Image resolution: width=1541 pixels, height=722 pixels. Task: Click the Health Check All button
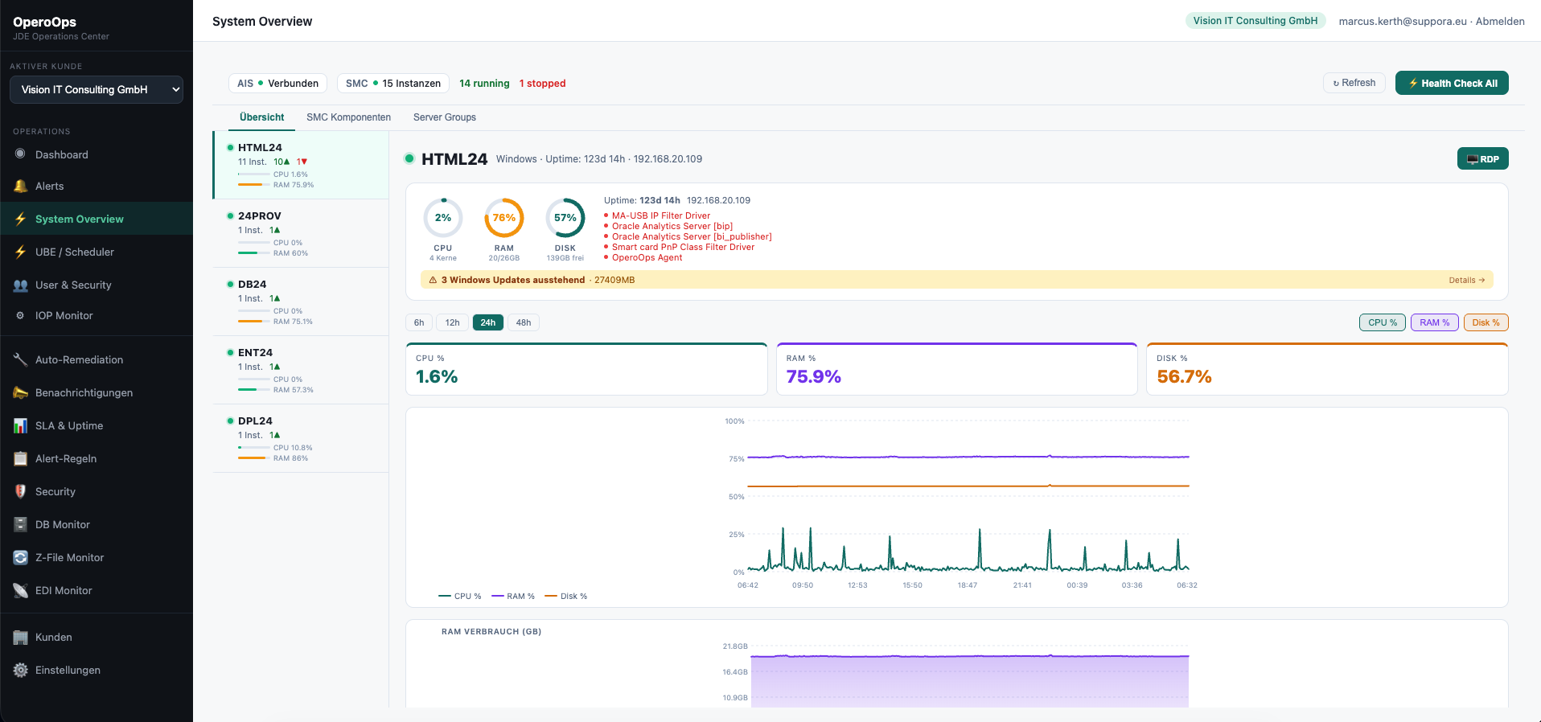point(1451,83)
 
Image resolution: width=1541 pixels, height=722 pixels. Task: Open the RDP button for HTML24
point(1482,158)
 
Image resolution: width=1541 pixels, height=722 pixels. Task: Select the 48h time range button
point(524,322)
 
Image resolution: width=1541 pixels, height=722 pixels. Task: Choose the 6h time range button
point(419,322)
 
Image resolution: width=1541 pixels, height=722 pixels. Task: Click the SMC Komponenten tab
point(348,117)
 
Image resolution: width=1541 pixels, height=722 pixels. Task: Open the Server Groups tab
point(444,117)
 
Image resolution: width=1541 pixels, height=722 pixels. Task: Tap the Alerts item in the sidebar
point(49,186)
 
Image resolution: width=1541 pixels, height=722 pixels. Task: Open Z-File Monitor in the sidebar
point(69,557)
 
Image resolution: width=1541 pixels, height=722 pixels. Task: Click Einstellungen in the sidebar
point(68,670)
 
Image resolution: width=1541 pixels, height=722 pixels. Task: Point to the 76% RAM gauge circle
point(504,218)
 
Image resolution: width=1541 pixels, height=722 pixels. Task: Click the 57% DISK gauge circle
point(565,218)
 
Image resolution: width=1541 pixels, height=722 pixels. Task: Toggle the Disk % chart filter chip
point(1486,322)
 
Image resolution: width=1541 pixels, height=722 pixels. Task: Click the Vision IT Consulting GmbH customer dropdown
point(97,89)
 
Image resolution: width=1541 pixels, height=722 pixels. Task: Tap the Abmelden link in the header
point(1500,21)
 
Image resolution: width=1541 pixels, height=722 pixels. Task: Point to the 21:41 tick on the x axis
point(1022,585)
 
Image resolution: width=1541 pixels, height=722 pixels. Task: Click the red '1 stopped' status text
point(542,83)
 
